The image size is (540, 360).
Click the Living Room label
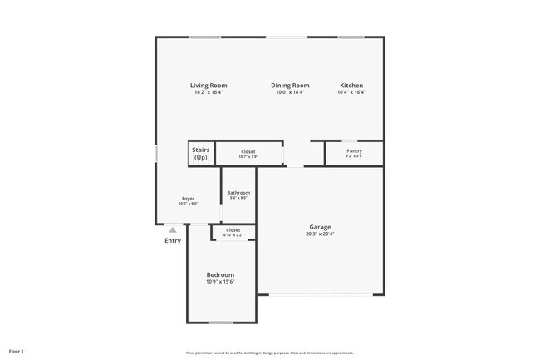(x=208, y=86)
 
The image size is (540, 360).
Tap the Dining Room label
(x=290, y=86)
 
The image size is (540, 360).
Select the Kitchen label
(x=351, y=86)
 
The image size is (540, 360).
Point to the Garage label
(x=321, y=227)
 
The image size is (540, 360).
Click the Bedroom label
(x=220, y=274)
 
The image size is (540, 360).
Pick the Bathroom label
(x=238, y=193)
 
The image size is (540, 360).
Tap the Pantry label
(x=354, y=151)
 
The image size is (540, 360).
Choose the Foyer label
(x=189, y=199)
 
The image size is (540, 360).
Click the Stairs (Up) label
(x=201, y=154)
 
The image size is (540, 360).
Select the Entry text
(x=172, y=241)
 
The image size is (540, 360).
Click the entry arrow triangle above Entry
(x=172, y=230)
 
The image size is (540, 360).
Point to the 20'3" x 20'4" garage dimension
(x=321, y=234)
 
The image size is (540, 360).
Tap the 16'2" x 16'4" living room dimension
(x=208, y=92)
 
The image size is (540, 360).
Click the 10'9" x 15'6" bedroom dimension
(x=220, y=282)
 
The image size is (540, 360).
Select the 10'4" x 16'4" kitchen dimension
(x=351, y=92)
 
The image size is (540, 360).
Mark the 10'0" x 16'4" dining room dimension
(x=290, y=92)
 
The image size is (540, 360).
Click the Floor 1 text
(x=17, y=352)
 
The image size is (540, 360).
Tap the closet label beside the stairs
(x=248, y=152)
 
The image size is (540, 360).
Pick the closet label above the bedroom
(x=233, y=230)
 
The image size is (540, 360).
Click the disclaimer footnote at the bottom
(x=269, y=353)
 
